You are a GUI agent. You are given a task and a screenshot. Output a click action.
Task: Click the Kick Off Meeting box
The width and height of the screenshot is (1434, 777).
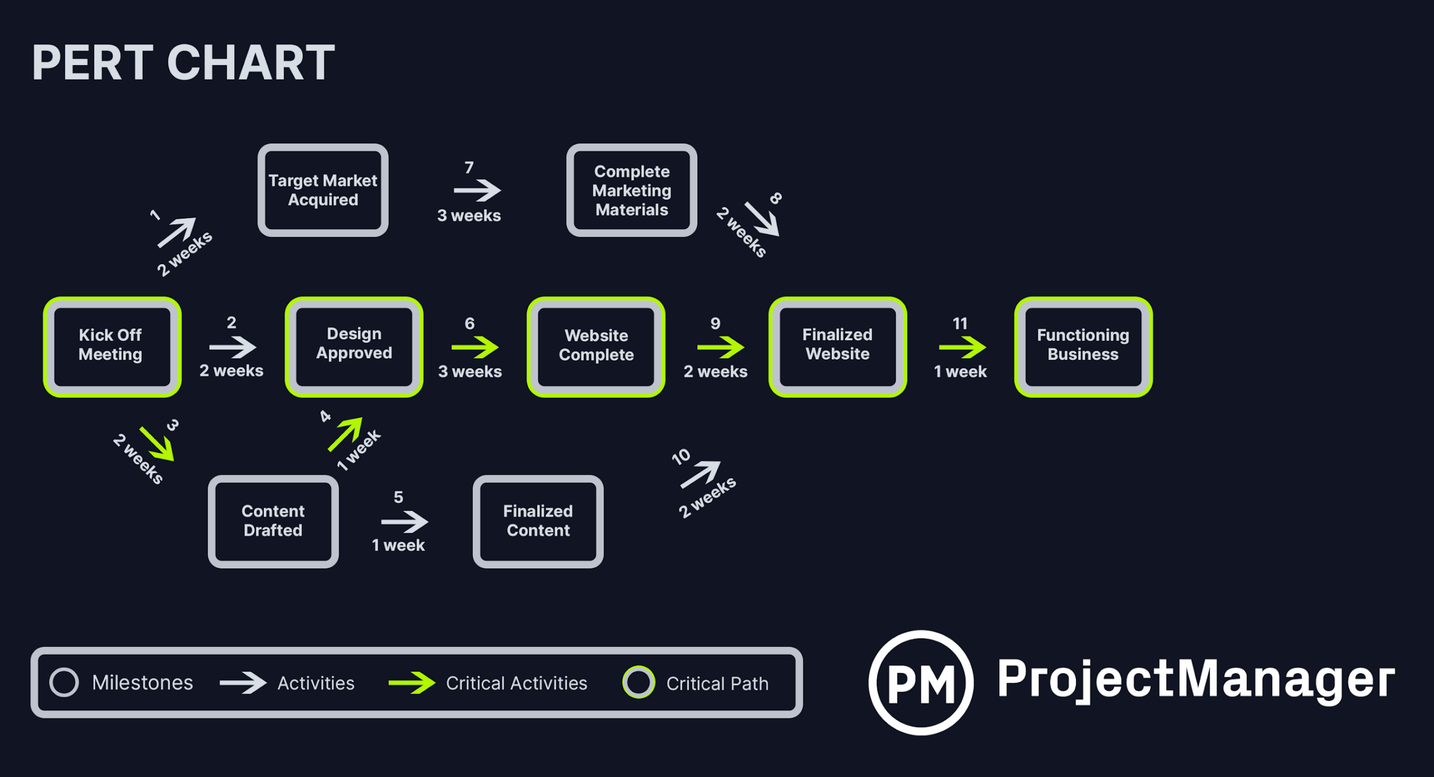click(x=112, y=346)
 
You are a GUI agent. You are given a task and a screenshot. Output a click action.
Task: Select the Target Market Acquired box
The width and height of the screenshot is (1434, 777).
click(x=323, y=190)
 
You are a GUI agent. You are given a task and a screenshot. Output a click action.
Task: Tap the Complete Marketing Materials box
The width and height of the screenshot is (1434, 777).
click(x=631, y=190)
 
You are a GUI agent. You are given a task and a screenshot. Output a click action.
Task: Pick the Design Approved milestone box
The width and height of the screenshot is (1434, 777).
click(x=354, y=346)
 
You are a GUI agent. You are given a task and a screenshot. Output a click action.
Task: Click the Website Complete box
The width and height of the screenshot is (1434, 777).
click(x=596, y=346)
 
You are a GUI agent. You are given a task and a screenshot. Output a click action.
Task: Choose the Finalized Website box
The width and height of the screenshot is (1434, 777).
click(x=837, y=346)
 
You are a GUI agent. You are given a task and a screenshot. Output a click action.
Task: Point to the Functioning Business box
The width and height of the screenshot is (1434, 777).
click(x=1083, y=346)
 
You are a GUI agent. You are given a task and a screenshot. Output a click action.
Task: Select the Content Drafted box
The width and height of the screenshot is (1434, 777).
click(x=273, y=521)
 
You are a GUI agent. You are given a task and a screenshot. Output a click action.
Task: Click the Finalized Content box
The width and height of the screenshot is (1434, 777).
click(x=538, y=521)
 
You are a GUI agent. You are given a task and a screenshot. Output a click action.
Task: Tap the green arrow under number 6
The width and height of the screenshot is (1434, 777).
click(x=475, y=348)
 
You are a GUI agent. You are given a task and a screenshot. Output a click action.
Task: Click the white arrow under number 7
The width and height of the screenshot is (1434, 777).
click(x=477, y=191)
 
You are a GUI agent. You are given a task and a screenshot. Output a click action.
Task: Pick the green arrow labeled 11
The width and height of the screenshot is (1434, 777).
click(x=962, y=348)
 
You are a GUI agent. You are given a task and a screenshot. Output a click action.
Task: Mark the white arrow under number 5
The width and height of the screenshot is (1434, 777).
click(x=404, y=522)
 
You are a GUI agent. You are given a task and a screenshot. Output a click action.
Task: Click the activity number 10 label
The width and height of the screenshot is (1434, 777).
click(x=681, y=457)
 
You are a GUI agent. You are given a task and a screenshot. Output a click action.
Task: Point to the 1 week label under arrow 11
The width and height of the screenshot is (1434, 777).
click(x=960, y=372)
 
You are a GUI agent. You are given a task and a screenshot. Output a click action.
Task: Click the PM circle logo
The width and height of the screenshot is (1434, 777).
click(x=921, y=682)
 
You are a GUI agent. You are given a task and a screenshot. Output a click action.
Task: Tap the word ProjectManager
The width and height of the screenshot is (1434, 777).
click(x=1196, y=679)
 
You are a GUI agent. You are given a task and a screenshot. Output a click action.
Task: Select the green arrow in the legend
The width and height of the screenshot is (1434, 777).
click(x=412, y=683)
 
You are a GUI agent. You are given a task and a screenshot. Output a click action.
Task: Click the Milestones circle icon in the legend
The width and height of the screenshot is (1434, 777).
click(x=64, y=682)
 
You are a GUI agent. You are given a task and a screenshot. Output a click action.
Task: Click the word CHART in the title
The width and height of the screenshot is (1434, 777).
click(x=250, y=63)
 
